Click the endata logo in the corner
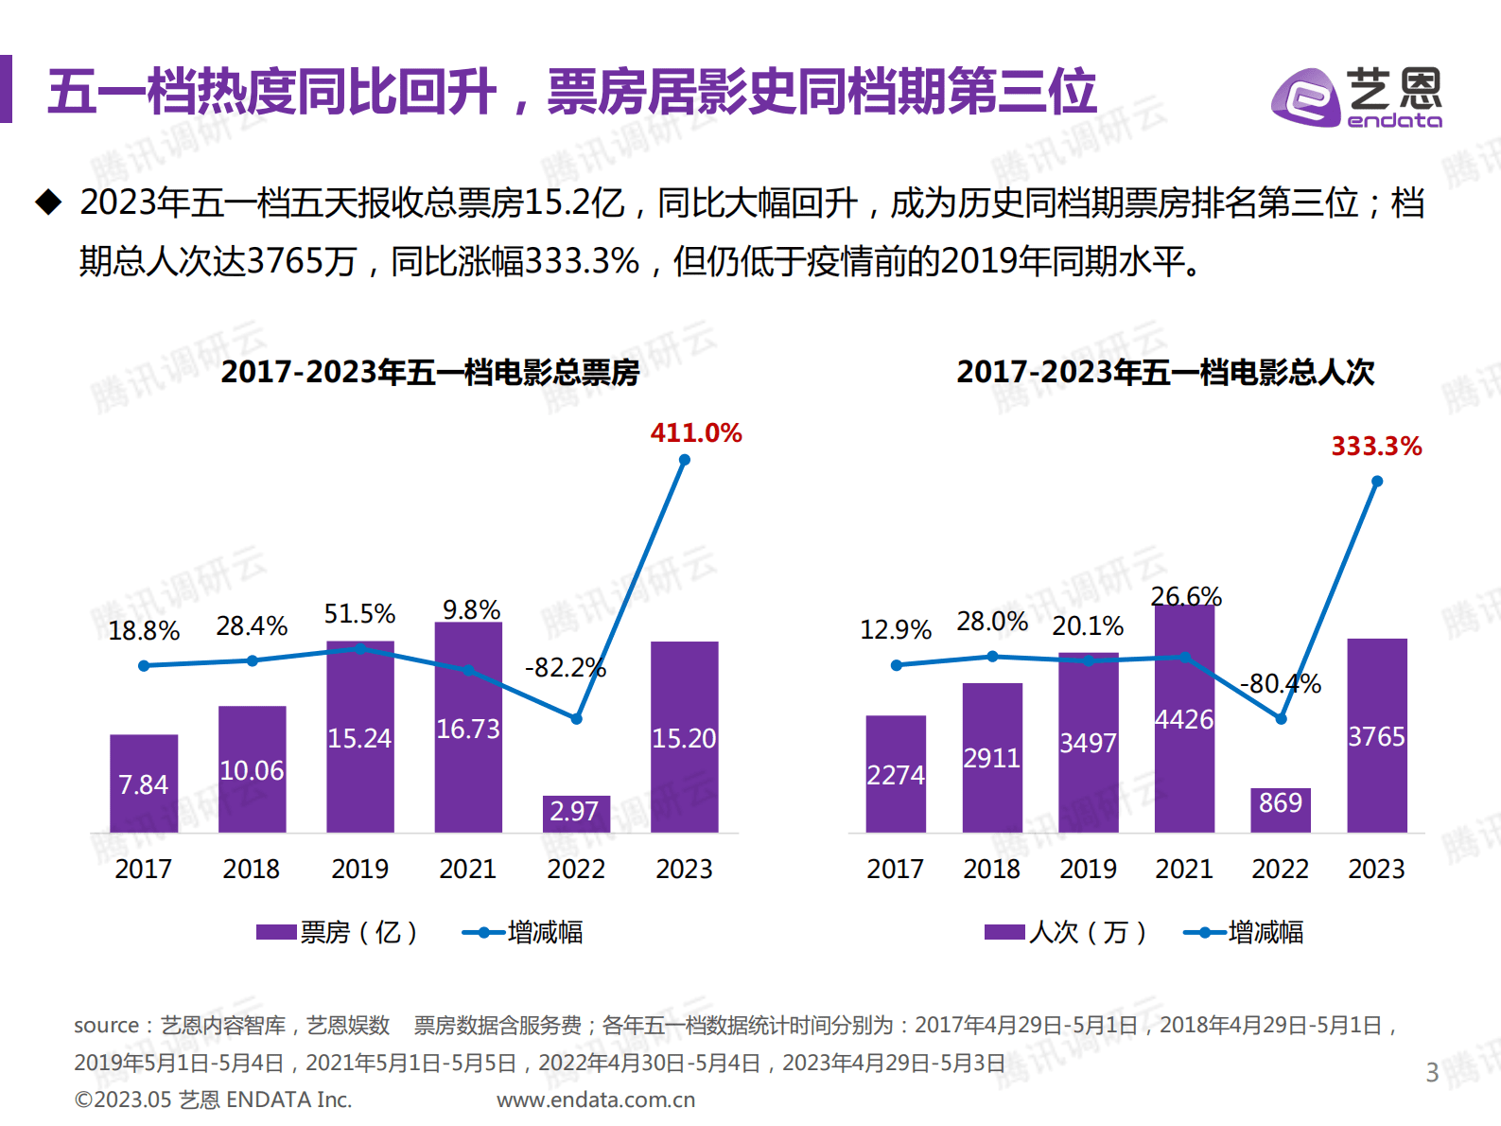click(x=1356, y=97)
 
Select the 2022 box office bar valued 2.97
click(x=576, y=814)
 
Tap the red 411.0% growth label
click(x=696, y=433)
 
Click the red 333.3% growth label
click(x=1376, y=447)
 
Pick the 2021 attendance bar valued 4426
click(x=1184, y=719)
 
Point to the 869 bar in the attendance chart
click(x=1281, y=810)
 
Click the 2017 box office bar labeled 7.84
click(x=144, y=783)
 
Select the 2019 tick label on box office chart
click(x=359, y=869)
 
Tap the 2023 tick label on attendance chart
click(x=1376, y=869)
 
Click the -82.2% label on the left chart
click(x=565, y=668)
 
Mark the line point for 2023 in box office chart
click(x=685, y=461)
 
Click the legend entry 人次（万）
click(x=1066, y=933)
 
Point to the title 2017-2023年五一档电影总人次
click(x=1165, y=372)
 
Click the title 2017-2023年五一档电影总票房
click(x=430, y=372)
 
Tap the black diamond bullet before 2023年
click(x=48, y=202)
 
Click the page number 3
click(x=1432, y=1073)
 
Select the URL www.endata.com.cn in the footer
click(x=596, y=1100)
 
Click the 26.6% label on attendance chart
click(x=1186, y=596)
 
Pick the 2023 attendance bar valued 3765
click(x=1376, y=736)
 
